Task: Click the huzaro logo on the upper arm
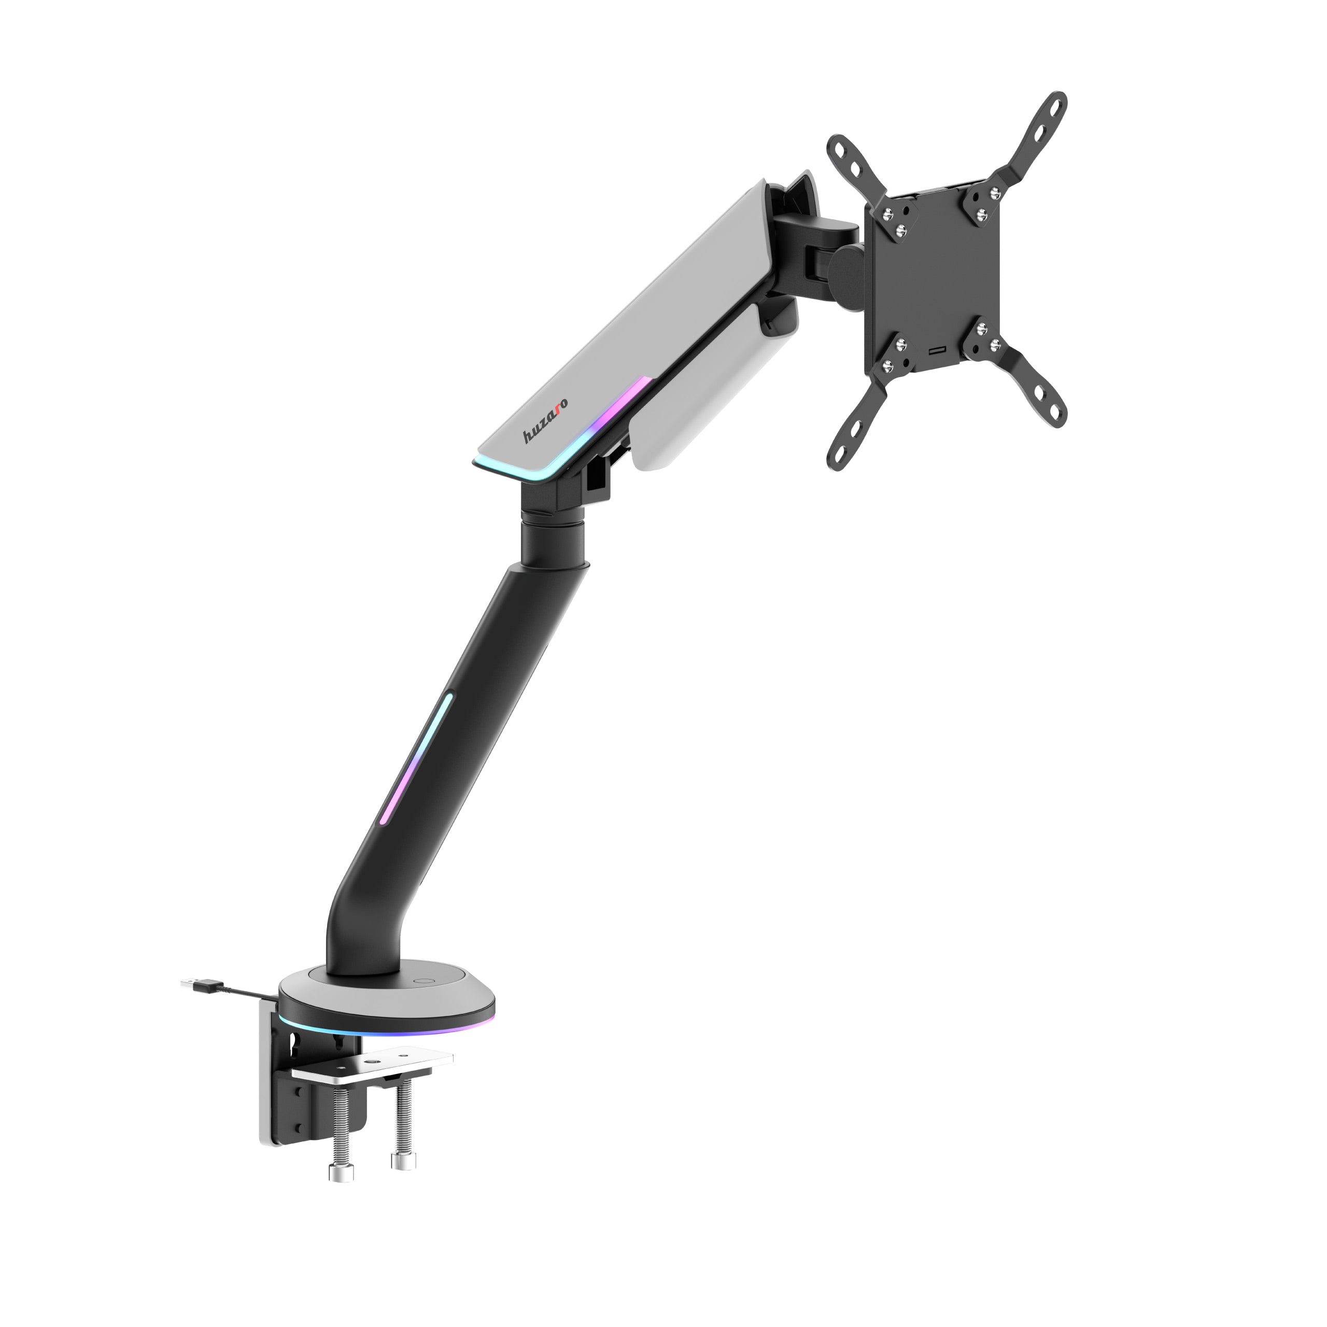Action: click(x=545, y=425)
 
